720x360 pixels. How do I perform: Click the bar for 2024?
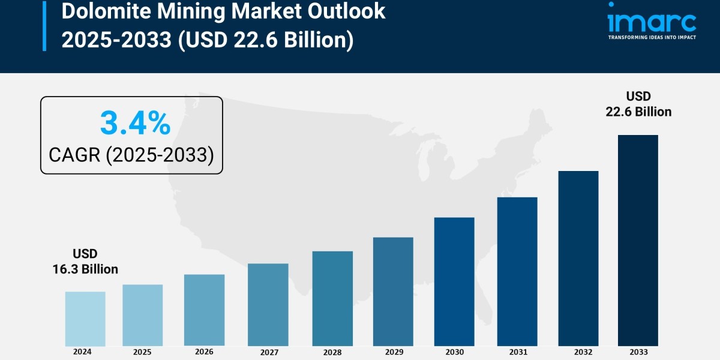click(85, 319)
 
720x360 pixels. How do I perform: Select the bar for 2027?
click(268, 304)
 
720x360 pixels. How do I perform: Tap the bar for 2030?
click(454, 281)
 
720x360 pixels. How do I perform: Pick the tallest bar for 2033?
click(638, 240)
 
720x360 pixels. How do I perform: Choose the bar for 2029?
click(393, 292)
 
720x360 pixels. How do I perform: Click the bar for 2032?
click(578, 258)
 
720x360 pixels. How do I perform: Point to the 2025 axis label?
click(142, 352)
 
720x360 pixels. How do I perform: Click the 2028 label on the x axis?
click(332, 352)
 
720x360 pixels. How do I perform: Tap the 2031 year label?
click(517, 352)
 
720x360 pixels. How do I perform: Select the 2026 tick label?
click(204, 352)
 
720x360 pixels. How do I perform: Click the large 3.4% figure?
click(135, 124)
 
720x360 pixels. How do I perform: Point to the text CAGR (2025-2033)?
click(131, 155)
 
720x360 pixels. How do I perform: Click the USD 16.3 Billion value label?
click(85, 262)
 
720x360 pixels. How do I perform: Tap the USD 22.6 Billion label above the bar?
click(638, 104)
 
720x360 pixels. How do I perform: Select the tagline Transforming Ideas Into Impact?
click(652, 37)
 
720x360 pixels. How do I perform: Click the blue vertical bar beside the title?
click(44, 25)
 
